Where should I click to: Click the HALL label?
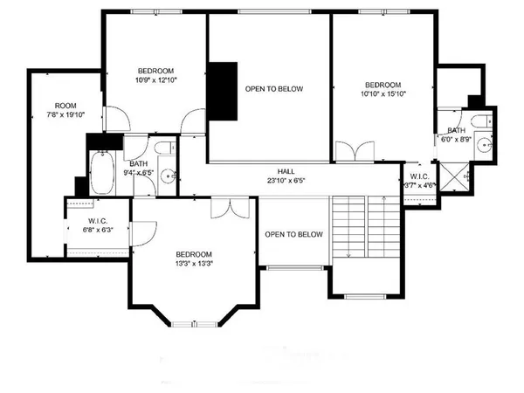click(286, 176)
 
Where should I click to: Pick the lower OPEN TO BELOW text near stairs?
click(294, 234)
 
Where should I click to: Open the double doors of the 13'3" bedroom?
click(234, 209)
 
